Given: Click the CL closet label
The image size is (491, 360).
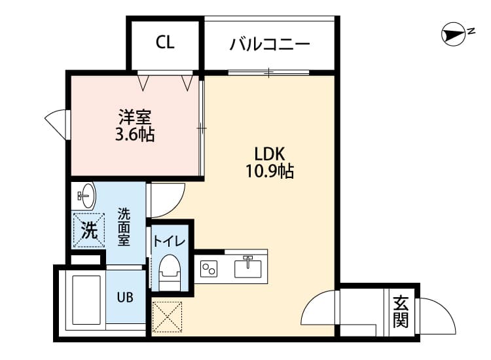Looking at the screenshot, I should (x=165, y=43).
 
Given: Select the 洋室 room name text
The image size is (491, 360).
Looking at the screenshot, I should (x=136, y=118).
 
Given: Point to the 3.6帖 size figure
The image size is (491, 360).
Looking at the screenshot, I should (x=136, y=135).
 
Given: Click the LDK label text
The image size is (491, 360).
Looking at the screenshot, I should (x=269, y=154).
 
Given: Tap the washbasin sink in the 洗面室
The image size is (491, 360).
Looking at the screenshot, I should (x=86, y=194).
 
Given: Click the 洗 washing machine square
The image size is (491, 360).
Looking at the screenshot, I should (x=88, y=230).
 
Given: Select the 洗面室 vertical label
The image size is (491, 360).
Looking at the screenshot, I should (x=124, y=226).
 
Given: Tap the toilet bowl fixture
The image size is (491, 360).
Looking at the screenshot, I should (x=169, y=269).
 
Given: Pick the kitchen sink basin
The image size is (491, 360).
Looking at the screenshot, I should (x=248, y=267).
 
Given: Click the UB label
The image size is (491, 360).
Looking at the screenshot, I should (x=125, y=297).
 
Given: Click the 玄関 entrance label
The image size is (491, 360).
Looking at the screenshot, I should (x=401, y=312).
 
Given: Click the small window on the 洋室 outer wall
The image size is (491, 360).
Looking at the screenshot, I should (x=58, y=123).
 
